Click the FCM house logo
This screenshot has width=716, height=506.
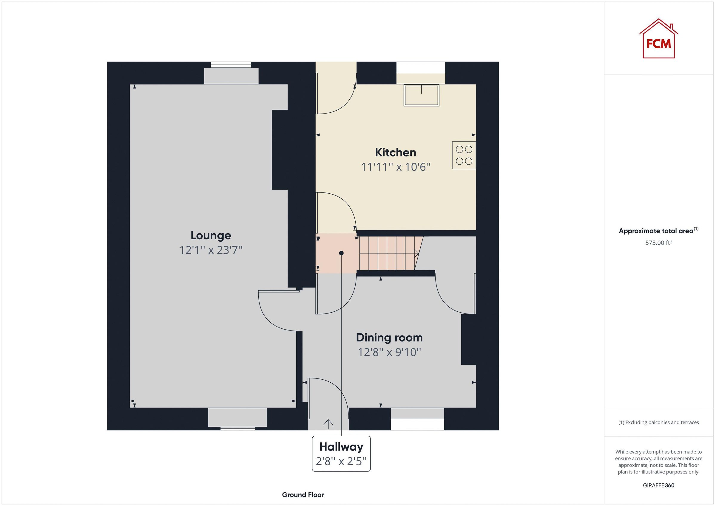(x=658, y=40)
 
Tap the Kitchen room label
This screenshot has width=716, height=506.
(x=395, y=152)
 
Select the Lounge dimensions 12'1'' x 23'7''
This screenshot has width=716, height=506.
(x=211, y=250)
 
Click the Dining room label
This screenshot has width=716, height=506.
(x=389, y=337)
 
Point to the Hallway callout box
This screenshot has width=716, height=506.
(x=341, y=453)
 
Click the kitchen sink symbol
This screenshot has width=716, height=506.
(x=421, y=95)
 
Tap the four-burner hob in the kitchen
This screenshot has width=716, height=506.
(x=464, y=156)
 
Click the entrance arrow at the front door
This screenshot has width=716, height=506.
(x=328, y=423)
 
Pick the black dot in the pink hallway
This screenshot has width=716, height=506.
(x=341, y=253)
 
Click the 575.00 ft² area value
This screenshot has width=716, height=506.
(x=658, y=243)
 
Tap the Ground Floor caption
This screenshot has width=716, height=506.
(x=303, y=495)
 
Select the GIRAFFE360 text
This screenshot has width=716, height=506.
(x=658, y=485)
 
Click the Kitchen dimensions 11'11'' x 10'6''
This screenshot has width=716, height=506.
(x=395, y=167)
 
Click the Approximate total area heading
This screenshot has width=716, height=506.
(x=658, y=231)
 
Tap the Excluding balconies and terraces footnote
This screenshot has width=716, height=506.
(x=658, y=423)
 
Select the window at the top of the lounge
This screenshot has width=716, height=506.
(x=231, y=65)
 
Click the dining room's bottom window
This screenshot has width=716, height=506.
(x=417, y=424)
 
